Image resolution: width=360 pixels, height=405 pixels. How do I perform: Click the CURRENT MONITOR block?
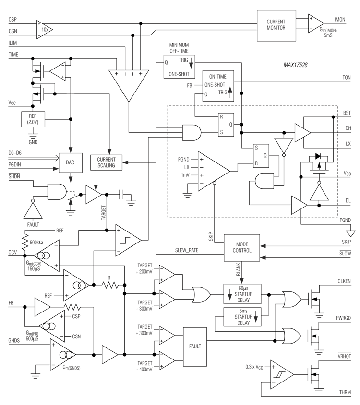point(276,25)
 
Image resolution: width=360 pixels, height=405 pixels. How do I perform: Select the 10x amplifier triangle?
point(44,30)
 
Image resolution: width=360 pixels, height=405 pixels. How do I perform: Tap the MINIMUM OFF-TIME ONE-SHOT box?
point(179,66)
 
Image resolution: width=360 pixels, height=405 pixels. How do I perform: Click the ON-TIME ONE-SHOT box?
point(218,86)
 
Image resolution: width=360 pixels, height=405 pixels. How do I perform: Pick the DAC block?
point(71,163)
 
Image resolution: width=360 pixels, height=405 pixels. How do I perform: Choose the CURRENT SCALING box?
point(106,162)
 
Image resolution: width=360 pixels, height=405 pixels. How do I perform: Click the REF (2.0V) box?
point(33,119)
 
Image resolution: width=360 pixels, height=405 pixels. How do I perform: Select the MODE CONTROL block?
point(242,248)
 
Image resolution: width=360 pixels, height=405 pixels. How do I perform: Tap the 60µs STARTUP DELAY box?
point(242,294)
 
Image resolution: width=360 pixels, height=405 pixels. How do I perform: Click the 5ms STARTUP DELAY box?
point(242,317)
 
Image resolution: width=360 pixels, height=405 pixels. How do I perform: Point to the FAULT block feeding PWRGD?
point(195,347)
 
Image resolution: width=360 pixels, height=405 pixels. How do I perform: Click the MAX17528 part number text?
point(295,65)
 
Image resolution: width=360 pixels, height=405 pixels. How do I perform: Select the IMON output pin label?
point(340,20)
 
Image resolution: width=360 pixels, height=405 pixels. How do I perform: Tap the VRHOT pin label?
point(344,356)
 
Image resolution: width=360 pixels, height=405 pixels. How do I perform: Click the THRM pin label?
point(345,393)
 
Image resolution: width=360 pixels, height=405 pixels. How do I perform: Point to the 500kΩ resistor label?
point(36,243)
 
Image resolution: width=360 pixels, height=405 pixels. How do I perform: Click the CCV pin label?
point(12,253)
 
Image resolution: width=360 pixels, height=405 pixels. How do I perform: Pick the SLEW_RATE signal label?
point(187,250)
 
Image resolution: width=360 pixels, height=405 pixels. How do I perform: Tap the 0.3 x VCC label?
point(254,367)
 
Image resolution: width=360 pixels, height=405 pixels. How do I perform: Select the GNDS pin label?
point(14,341)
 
